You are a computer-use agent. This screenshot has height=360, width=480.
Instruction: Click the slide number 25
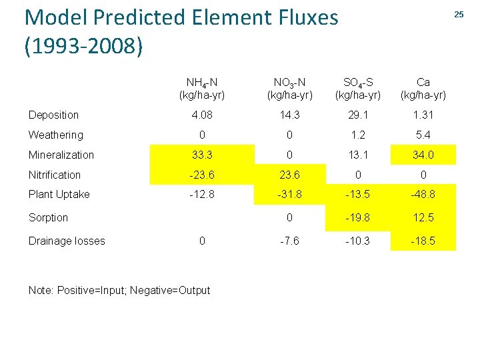coord(458,15)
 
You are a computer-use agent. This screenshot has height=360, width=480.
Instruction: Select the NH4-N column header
coord(201,89)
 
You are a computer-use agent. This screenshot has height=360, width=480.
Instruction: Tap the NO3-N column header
coord(289,89)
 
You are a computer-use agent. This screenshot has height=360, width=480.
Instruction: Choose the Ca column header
coord(423,89)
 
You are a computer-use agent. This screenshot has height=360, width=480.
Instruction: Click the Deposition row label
coord(53,115)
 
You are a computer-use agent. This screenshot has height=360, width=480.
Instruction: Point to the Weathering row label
coord(55,135)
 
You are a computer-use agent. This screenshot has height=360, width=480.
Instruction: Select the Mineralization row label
coord(61,155)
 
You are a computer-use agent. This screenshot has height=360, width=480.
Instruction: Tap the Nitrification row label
coord(55,175)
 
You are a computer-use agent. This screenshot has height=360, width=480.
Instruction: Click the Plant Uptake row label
coord(59,194)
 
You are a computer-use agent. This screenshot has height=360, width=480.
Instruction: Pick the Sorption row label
coord(48,217)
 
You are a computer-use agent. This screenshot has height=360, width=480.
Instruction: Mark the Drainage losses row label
coord(67,241)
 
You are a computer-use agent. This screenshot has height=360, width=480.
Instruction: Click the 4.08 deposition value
coord(201,115)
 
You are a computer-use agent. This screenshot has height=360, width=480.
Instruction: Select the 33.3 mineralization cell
coord(201,155)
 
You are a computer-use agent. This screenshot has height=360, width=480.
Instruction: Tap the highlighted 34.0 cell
coord(423,155)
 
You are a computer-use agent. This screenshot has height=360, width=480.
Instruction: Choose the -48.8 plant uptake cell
coord(423,195)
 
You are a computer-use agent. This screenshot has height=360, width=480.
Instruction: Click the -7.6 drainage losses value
coord(289,241)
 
